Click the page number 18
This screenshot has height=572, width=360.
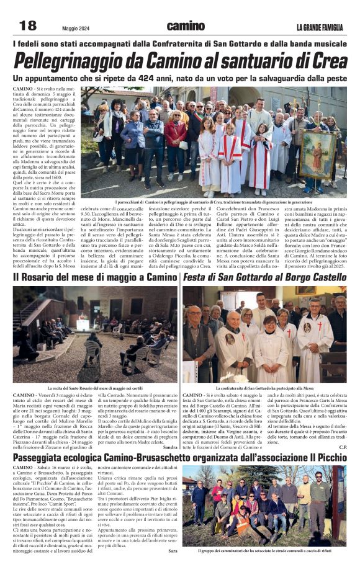click(28, 25)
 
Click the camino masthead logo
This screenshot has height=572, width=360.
click(186, 26)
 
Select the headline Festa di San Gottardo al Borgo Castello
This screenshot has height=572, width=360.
click(264, 277)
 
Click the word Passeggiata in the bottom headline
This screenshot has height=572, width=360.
click(47, 457)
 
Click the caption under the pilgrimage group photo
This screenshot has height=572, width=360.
click(214, 202)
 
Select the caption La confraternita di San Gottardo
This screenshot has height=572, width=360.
click(264, 388)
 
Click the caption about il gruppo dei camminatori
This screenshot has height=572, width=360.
click(264, 550)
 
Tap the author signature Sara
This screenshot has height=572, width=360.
click(173, 550)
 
